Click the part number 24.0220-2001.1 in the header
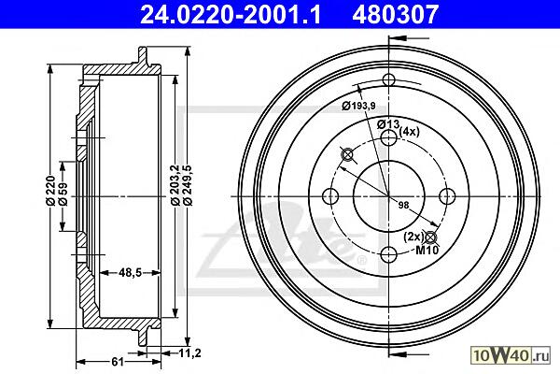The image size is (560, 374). [231, 14]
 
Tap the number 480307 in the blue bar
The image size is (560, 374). [395, 14]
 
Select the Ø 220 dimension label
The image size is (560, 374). [50, 190]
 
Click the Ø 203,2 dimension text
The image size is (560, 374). [175, 184]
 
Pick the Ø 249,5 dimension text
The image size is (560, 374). [188, 184]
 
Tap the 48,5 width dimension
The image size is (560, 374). [130, 273]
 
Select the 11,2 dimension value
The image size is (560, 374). [189, 353]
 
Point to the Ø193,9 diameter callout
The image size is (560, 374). [358, 106]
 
